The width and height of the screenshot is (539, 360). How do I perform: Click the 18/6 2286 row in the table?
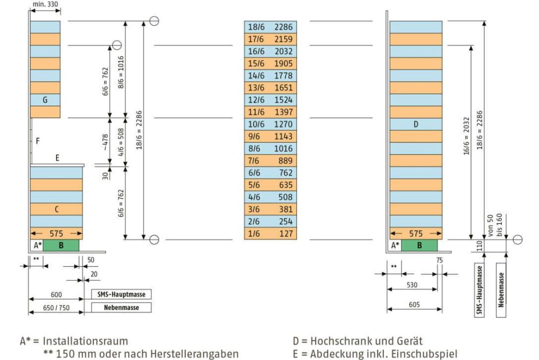point(270,26)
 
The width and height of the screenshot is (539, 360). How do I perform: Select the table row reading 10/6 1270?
point(270,124)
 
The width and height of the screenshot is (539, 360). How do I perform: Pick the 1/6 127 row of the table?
point(270,234)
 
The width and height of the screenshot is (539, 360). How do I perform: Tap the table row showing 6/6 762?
point(270,173)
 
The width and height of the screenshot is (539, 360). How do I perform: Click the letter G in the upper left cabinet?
point(45,100)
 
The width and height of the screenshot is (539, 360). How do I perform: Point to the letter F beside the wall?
point(38,141)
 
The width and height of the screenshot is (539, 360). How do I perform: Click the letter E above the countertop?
point(57,158)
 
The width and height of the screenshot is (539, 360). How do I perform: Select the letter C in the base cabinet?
point(56,210)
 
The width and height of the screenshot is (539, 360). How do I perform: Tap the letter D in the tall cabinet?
point(416,124)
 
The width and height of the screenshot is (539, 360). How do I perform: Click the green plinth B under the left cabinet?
point(61,246)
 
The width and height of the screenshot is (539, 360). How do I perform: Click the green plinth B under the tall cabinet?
point(419,246)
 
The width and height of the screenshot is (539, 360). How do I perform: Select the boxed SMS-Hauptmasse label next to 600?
point(121,294)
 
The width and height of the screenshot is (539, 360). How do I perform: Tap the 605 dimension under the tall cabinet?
point(414,305)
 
